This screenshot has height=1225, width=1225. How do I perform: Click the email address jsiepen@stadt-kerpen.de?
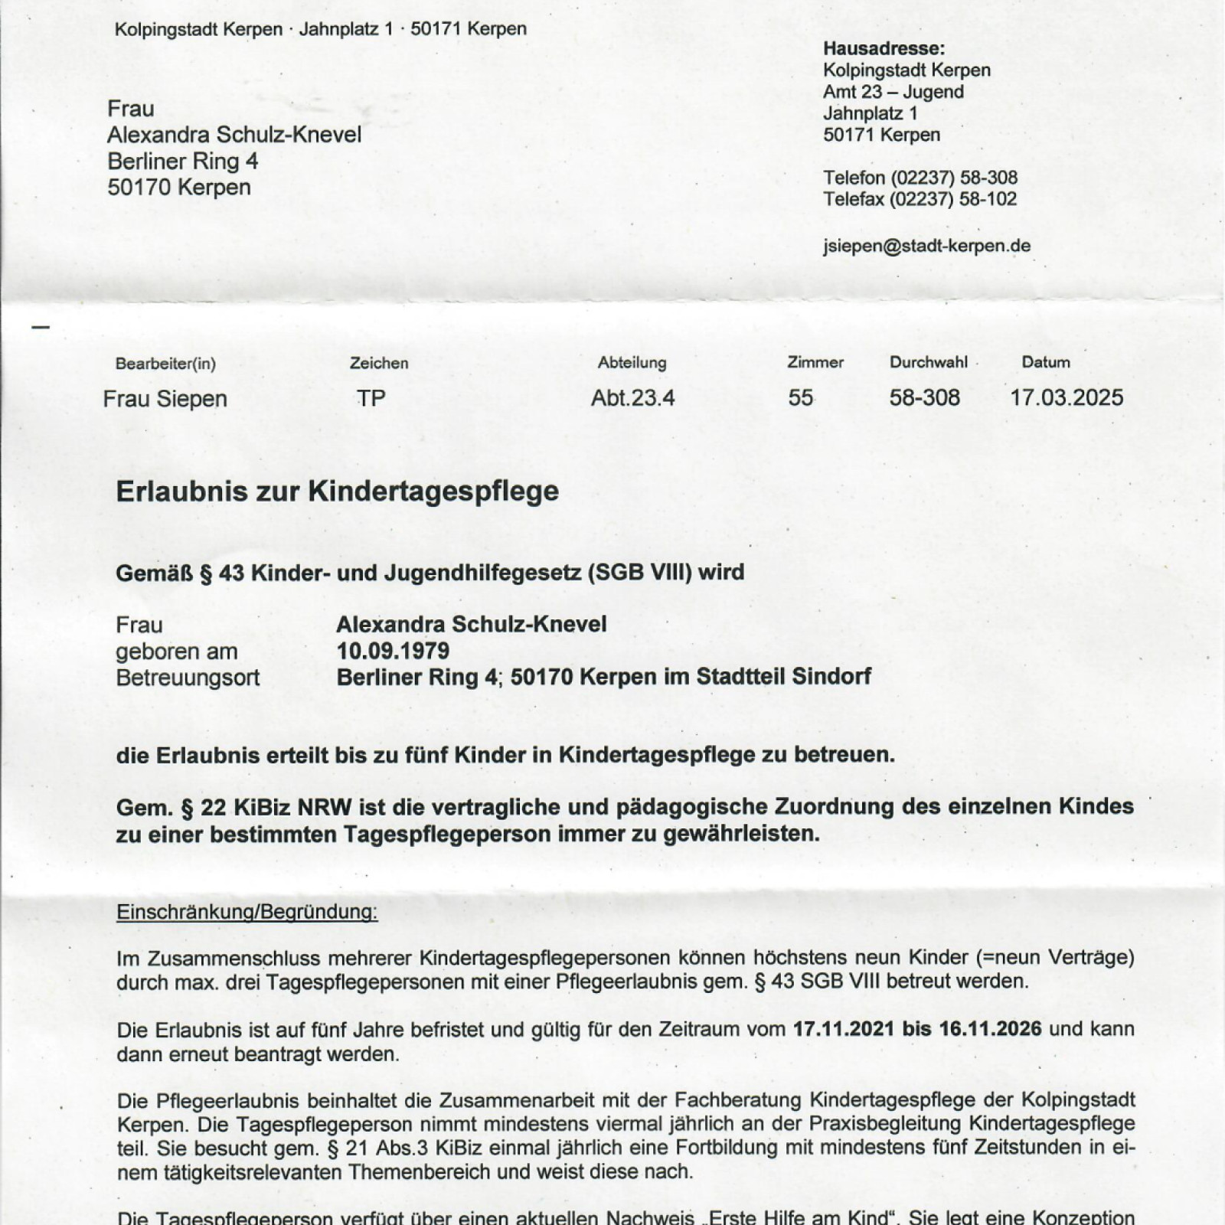coord(926,246)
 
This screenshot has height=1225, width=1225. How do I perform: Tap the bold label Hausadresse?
coord(884,48)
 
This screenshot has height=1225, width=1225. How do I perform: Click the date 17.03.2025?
coord(1067,397)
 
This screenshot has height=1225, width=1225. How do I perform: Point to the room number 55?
coord(800,398)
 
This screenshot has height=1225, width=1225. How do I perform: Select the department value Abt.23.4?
coord(632,398)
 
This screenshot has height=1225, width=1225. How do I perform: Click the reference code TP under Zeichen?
coord(371,398)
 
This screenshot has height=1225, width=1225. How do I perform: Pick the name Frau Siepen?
coord(165,399)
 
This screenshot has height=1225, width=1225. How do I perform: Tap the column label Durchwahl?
coord(928,362)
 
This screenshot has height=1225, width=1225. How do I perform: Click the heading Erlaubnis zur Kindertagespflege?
coord(337,491)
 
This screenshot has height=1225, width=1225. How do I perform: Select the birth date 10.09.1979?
coord(393,651)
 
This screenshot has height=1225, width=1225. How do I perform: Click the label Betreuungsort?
coord(188,678)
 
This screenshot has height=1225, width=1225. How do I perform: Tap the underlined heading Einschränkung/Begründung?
coord(247,912)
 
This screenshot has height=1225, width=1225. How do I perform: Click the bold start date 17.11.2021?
coord(844,1028)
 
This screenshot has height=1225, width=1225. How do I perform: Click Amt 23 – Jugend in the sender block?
coord(893,92)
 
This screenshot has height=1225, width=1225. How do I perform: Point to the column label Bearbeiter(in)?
coord(165,364)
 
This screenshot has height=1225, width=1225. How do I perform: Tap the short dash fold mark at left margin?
coord(41,327)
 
